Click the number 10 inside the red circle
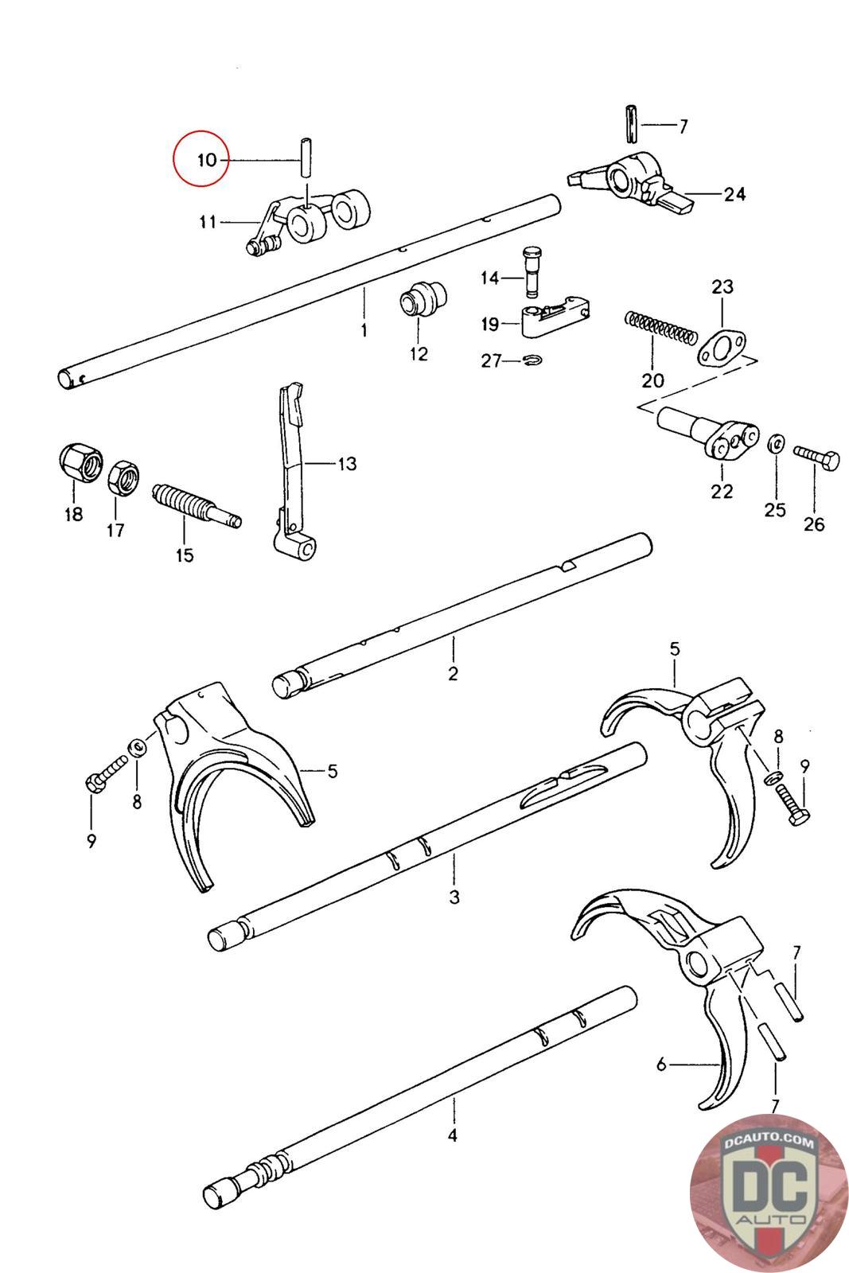(206, 160)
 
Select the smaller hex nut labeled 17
(123, 476)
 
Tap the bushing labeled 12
(423, 302)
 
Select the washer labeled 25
(775, 443)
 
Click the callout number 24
(734, 193)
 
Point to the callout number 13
(346, 463)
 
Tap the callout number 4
(452, 1135)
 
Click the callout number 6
(661, 1064)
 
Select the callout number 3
(454, 897)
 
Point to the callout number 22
(722, 491)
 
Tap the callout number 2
(453, 673)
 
